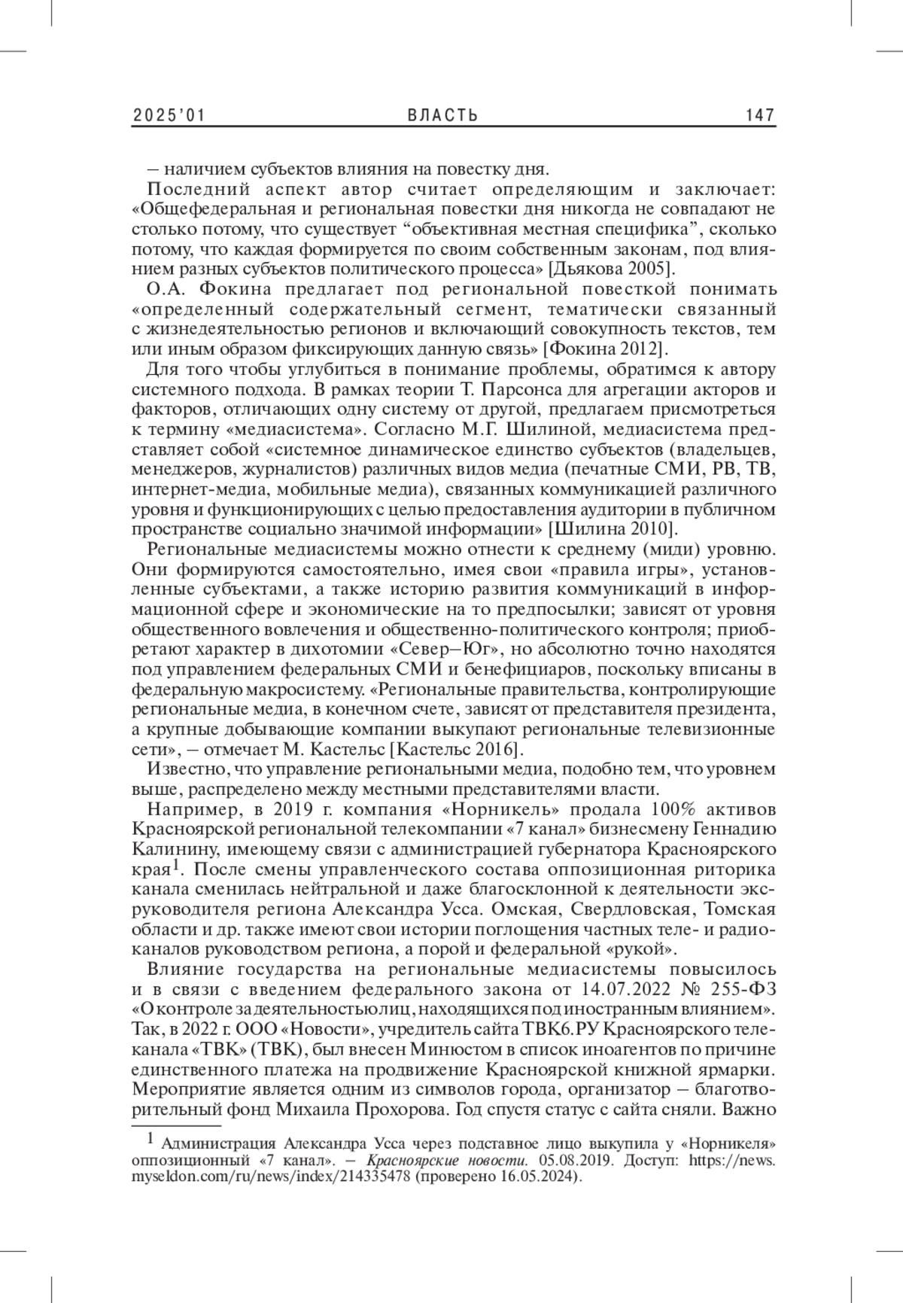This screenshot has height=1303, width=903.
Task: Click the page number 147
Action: tap(759, 115)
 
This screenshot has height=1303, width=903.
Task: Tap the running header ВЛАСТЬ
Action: tap(442, 115)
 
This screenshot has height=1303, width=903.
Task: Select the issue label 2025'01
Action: tap(169, 115)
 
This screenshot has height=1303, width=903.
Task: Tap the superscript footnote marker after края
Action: tap(175, 866)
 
